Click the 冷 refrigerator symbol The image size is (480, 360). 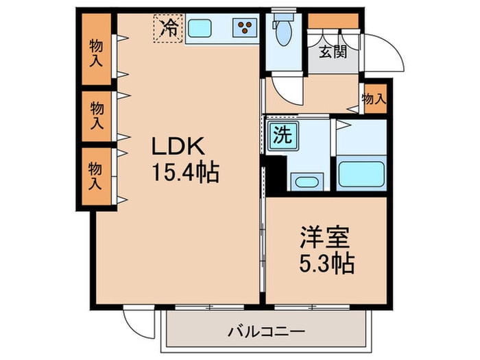pyautogui.click(x=168, y=28)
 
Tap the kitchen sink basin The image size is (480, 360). pyautogui.click(x=200, y=28)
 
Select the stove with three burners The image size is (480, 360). pyautogui.click(x=244, y=28)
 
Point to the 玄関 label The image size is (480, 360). pyautogui.click(x=331, y=51)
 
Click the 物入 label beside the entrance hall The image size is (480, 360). pyautogui.click(x=374, y=99)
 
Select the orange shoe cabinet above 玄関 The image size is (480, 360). pyautogui.click(x=333, y=20)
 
